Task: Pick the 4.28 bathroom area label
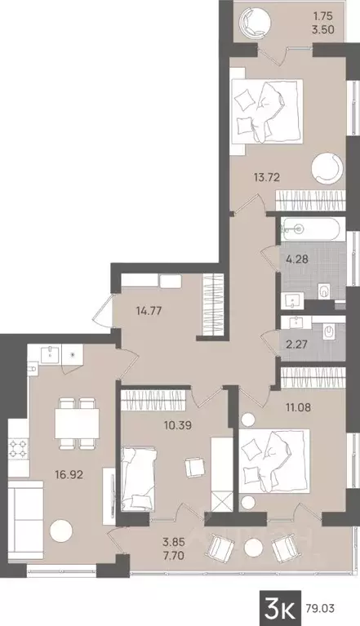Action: [296, 262]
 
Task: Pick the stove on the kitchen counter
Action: [18, 448]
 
